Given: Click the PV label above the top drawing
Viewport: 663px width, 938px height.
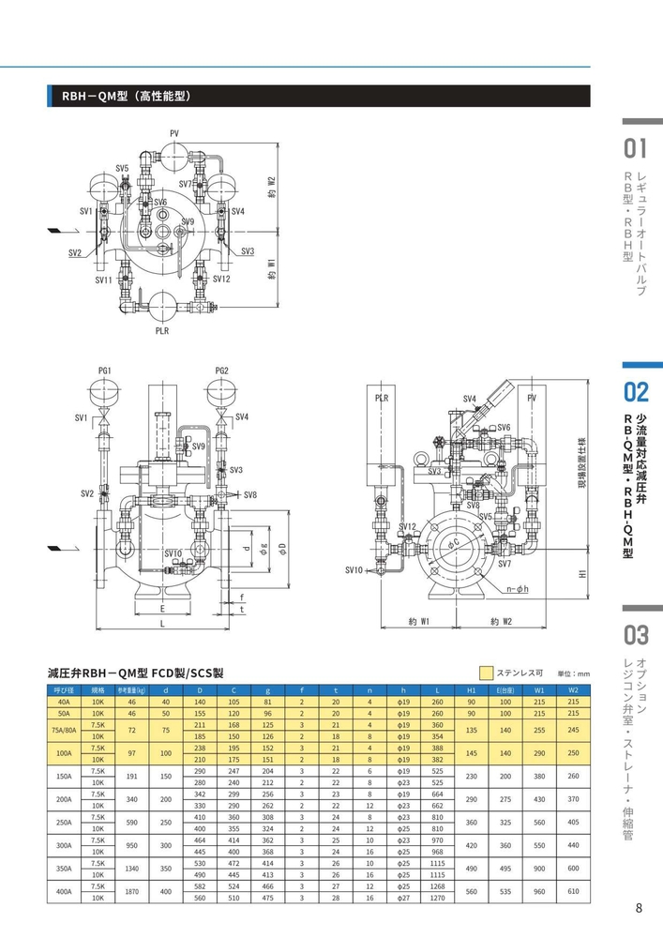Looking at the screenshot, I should pos(174,134).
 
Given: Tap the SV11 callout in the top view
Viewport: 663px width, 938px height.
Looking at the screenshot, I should pos(103,280).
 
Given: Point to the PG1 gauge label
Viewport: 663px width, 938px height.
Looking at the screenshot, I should pos(105,371).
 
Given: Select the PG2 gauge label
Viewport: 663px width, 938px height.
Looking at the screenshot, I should pos(221,371).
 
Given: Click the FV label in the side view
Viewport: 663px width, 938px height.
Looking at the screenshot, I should pos(532,398).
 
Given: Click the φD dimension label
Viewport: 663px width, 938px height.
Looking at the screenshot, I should pos(279,548).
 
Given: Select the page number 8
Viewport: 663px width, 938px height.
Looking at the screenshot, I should pos(639,907).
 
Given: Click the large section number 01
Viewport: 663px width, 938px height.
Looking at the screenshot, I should pos(636,148).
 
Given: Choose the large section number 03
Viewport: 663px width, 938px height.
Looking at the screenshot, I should pos(636,635).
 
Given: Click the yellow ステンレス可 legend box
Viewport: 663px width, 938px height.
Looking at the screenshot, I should pos(486,673).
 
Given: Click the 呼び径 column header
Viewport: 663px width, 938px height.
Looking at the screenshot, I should pos(64,690).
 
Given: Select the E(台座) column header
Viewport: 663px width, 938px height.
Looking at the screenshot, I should pos(505,690).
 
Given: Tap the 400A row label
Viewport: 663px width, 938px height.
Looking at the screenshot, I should pos(64,891).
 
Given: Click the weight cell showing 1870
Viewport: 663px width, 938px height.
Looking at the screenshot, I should pos(132,891).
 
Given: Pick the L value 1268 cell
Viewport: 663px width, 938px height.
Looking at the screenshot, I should pos(437,885).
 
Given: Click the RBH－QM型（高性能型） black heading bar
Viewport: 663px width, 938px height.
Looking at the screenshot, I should pos(319,96).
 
